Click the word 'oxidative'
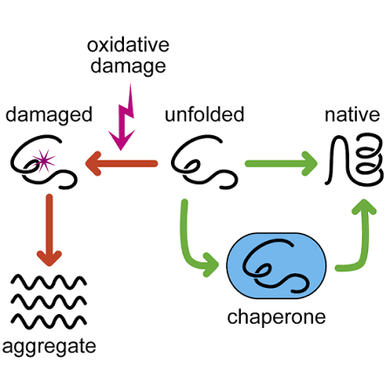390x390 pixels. [128, 45]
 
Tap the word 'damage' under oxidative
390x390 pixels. [128, 66]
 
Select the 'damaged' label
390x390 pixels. [49, 115]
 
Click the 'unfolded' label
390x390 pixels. [204, 114]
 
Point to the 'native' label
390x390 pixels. [352, 115]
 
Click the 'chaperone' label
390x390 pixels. [277, 318]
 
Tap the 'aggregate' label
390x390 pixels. [49, 347]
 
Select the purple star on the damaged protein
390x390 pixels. [44, 161]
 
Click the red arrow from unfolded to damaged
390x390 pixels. [121, 164]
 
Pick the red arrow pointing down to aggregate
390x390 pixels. [49, 229]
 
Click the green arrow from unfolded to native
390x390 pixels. [281, 164]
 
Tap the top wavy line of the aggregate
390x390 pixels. [49, 281]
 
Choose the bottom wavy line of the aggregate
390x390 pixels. [49, 321]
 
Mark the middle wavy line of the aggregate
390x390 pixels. [49, 301]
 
